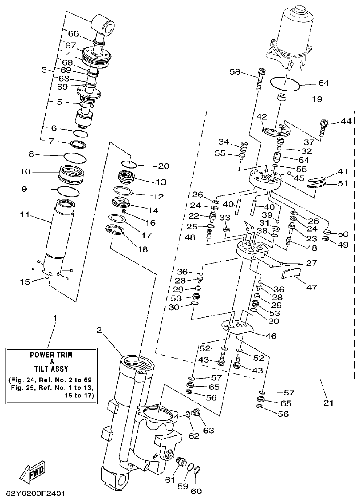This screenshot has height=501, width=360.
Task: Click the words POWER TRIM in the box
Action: [51, 355]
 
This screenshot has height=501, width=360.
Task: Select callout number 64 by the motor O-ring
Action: [311, 83]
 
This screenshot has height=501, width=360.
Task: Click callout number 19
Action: [317, 99]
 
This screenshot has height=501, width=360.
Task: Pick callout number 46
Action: [271, 335]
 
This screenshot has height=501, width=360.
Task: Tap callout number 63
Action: [208, 431]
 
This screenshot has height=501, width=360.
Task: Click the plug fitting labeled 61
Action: [181, 461]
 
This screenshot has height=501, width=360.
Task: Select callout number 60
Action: [196, 491]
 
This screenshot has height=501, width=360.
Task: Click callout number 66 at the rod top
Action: [73, 33]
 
